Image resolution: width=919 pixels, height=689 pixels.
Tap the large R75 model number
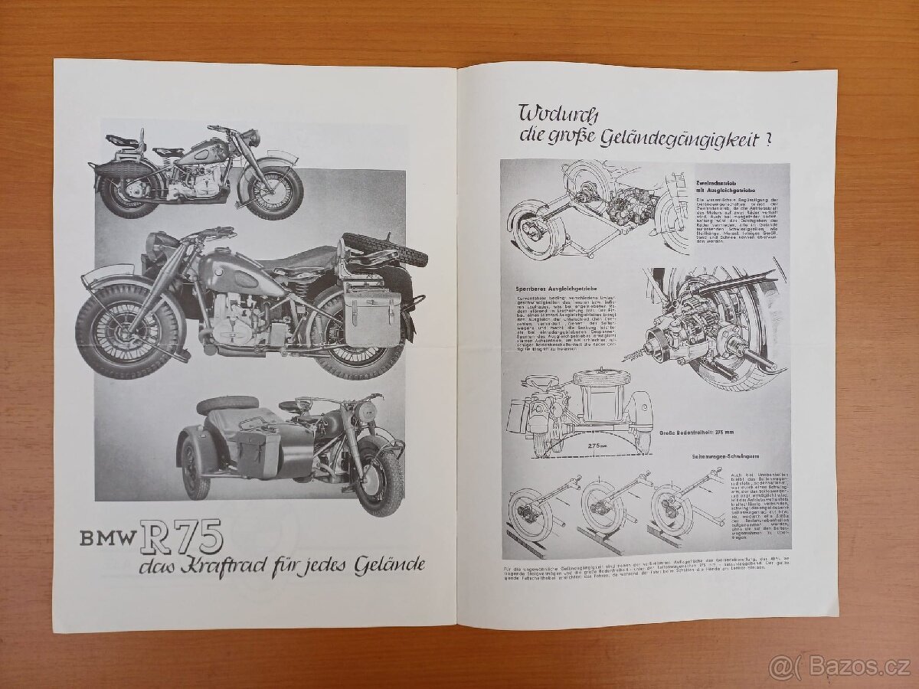(181, 536)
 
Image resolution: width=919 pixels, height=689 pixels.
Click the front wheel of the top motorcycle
(275, 192)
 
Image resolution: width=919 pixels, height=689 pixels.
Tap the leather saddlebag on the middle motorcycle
(372, 318)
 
